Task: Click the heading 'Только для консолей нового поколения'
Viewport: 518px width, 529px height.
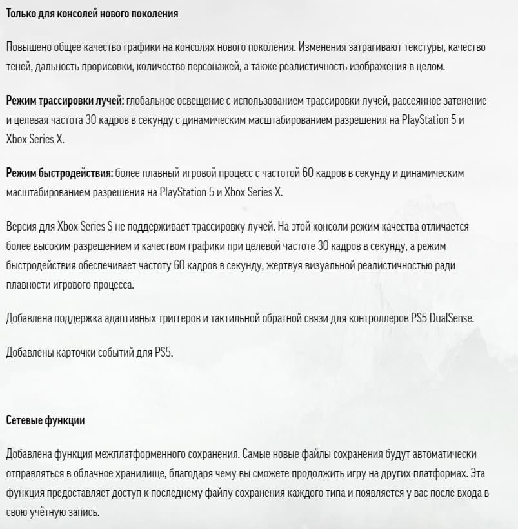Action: (x=92, y=13)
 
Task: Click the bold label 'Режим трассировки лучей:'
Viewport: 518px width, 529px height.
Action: (x=65, y=101)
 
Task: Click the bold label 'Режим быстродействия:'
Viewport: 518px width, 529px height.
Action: (x=59, y=174)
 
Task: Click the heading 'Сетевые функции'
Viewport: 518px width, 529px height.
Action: (x=45, y=420)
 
